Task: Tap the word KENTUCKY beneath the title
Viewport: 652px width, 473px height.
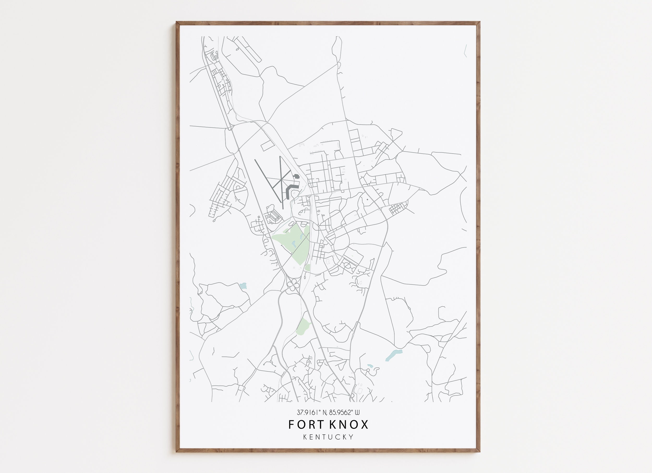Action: [x=328, y=437]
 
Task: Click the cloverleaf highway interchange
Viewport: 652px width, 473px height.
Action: [x=292, y=284]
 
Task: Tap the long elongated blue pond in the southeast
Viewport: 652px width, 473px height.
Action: [x=393, y=355]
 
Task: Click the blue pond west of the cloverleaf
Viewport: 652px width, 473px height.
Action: [x=243, y=286]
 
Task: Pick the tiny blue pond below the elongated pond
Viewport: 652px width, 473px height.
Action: [x=370, y=366]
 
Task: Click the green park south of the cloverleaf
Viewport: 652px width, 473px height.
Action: [x=304, y=326]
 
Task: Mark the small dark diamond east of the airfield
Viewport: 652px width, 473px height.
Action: [x=367, y=200]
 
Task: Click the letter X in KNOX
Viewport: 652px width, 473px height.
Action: [x=364, y=425]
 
